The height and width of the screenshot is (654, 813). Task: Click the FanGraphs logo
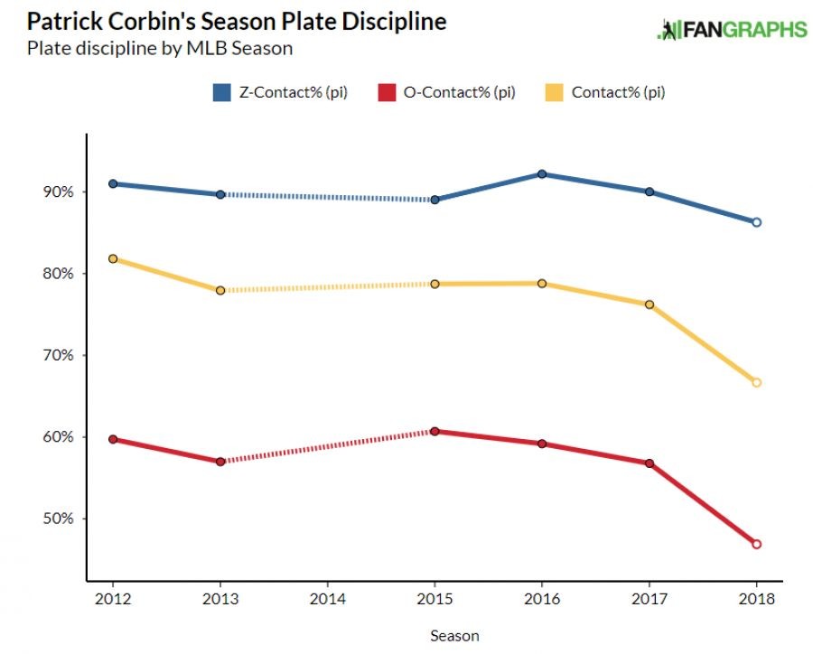[x=732, y=29]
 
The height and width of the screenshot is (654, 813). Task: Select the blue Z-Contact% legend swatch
[x=222, y=92]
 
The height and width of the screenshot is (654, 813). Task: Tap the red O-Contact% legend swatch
[x=386, y=92]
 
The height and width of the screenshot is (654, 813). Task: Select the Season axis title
[x=454, y=636]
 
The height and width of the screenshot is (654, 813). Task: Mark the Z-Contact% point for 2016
[x=542, y=174]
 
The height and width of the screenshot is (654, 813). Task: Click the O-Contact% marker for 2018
[x=757, y=544]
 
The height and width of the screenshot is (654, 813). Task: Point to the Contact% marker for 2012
[x=113, y=258]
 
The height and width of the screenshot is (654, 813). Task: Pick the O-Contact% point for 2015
[x=435, y=431]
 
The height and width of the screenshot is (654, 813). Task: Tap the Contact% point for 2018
[x=757, y=382]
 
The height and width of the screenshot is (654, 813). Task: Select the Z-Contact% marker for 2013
[x=220, y=194]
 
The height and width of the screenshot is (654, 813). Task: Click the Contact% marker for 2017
[x=649, y=304]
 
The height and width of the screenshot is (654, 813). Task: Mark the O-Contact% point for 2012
[x=113, y=439]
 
